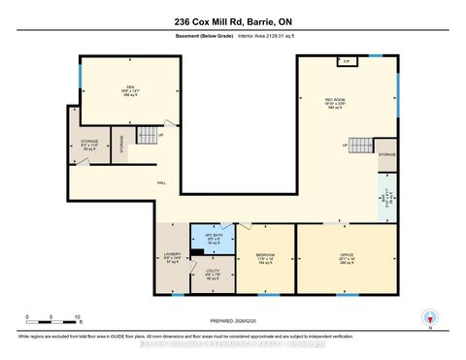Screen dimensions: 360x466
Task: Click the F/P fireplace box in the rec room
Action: point(346,62)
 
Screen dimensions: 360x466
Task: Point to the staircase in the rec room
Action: point(360,145)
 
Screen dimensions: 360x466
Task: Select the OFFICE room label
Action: point(348,258)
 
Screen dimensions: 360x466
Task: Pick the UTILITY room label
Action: point(216,274)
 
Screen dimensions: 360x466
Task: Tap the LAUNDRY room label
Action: point(174,259)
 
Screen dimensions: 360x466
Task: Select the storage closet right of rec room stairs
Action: point(386,153)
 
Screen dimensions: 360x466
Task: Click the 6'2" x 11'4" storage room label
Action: point(89,146)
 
